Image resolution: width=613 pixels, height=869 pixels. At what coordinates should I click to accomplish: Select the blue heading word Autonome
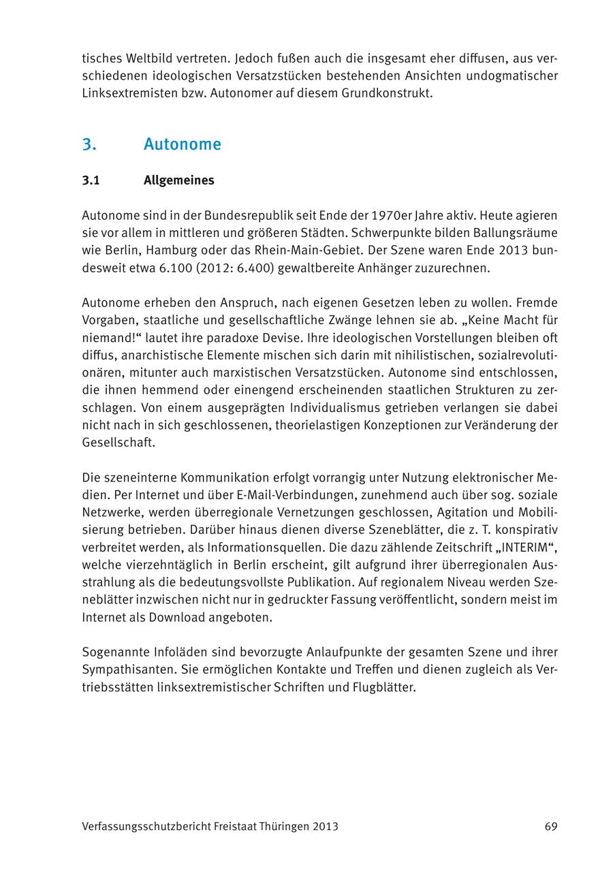183,144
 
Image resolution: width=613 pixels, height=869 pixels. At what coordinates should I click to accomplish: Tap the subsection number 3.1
91,180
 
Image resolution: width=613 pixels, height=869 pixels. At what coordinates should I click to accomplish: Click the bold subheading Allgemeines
179,180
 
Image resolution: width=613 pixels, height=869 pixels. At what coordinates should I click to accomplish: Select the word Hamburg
166,251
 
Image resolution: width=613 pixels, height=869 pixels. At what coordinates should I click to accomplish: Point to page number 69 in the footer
551,827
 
